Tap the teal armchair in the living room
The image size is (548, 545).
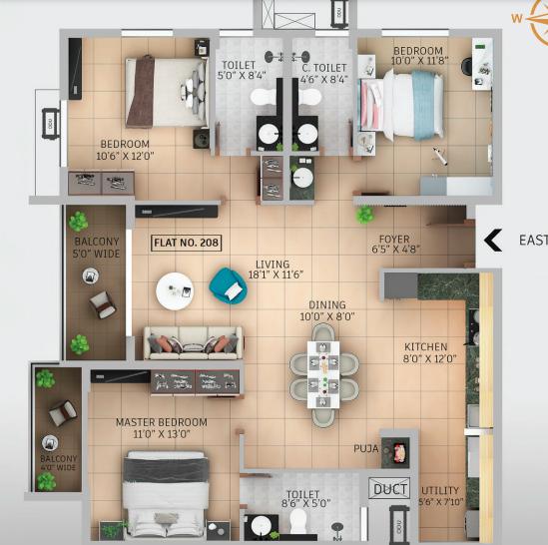[228, 286]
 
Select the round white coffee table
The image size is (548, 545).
[177, 290]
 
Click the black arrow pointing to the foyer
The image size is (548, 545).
[492, 241]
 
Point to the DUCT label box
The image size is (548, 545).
[387, 489]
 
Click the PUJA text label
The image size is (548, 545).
[366, 449]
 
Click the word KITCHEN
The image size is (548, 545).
[425, 346]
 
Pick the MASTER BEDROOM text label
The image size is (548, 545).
[161, 422]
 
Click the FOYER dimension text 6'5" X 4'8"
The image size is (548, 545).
[393, 252]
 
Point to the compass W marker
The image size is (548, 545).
[517, 16]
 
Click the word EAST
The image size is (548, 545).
[532, 241]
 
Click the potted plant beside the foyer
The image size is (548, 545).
[364, 214]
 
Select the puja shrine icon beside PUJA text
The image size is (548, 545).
[398, 451]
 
